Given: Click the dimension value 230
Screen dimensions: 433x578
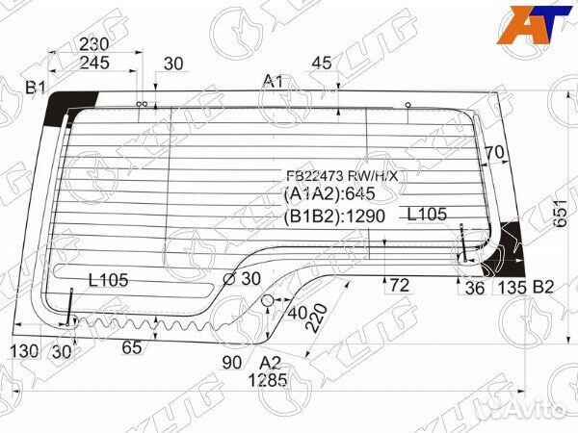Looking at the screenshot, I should pyautogui.click(x=120, y=44).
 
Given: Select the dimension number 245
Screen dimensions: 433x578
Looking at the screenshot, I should pyautogui.click(x=120, y=64).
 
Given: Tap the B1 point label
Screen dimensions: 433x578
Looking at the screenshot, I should pyautogui.click(x=36, y=89).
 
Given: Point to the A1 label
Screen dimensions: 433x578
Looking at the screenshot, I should pyautogui.click(x=273, y=82).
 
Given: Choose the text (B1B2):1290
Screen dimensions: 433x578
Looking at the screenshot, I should pyautogui.click(x=332, y=216).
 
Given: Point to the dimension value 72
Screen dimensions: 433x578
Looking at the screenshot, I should pyautogui.click(x=399, y=286).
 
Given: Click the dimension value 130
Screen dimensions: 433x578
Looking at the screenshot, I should pyautogui.click(x=24, y=352).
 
